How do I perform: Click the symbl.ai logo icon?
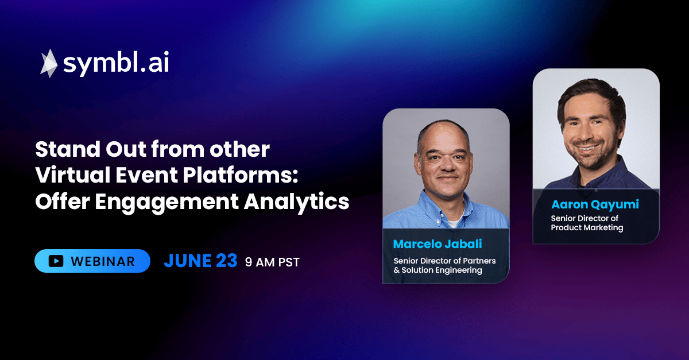(x=49, y=63)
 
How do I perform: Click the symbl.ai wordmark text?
(x=116, y=63)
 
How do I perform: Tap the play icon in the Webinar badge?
(x=56, y=261)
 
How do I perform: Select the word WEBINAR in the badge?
(x=103, y=262)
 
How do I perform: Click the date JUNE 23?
(x=200, y=261)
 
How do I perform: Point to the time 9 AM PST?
(x=272, y=262)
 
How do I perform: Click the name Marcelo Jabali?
(x=438, y=244)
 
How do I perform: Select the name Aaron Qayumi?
(x=595, y=204)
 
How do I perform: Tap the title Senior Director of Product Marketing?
(x=587, y=223)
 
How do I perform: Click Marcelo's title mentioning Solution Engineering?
(x=444, y=265)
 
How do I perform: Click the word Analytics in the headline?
(x=296, y=202)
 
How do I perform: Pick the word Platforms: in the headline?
(x=241, y=175)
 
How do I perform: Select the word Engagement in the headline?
(x=167, y=203)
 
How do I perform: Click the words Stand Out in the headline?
(x=91, y=149)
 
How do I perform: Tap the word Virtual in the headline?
(x=72, y=175)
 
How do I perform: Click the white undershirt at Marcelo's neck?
(x=453, y=223)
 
